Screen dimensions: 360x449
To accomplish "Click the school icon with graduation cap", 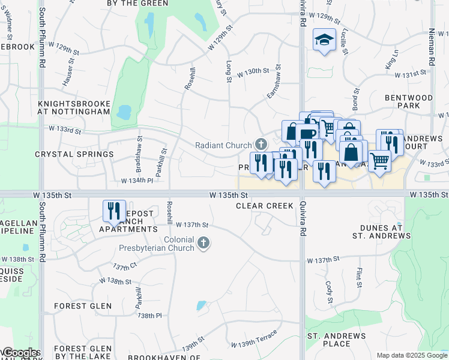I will point(324,40).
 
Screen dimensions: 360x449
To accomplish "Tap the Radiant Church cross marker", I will point(261,144).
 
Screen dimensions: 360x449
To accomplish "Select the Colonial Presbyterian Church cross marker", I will point(204,242).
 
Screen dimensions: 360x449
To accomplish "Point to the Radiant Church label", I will point(224,145).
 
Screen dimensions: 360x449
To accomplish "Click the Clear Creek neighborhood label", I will point(265,206).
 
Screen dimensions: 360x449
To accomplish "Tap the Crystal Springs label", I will point(74,154).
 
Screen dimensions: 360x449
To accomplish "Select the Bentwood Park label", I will point(410,101).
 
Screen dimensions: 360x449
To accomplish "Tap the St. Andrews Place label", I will point(337,340).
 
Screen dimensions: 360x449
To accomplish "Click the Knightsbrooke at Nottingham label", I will point(74,107).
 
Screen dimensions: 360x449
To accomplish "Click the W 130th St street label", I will point(253,71).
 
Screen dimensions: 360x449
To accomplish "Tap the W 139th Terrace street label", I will point(257,338).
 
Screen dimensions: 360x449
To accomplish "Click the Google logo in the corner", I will point(20,353).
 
